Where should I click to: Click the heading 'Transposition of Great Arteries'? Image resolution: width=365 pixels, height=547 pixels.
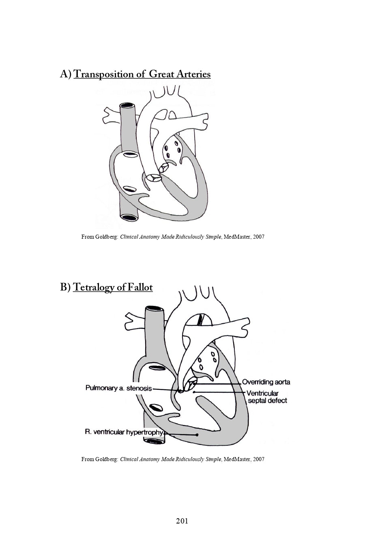tap(142, 75)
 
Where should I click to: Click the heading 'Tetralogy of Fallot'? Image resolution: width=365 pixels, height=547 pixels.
tap(113, 288)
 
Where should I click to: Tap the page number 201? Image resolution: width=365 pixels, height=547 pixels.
tap(182, 521)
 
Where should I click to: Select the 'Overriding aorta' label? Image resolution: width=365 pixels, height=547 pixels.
tap(266, 382)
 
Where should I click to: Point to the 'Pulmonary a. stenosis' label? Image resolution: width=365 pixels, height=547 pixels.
tap(118, 388)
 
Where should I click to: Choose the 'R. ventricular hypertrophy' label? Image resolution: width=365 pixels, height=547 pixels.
tap(124, 432)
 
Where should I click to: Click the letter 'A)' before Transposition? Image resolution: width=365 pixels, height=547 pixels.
tap(66, 75)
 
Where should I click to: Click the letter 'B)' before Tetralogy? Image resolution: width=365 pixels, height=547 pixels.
tap(66, 288)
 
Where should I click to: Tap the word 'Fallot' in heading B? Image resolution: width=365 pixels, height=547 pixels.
tap(140, 288)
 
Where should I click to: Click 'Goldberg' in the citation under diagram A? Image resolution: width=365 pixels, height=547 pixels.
tap(107, 237)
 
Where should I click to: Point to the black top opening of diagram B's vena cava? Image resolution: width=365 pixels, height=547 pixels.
tap(155, 310)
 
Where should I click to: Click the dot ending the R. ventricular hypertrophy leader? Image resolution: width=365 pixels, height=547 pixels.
tap(197, 435)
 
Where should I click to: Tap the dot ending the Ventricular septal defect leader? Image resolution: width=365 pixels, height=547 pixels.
tap(194, 392)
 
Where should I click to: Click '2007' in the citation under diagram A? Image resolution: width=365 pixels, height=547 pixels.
tap(258, 237)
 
